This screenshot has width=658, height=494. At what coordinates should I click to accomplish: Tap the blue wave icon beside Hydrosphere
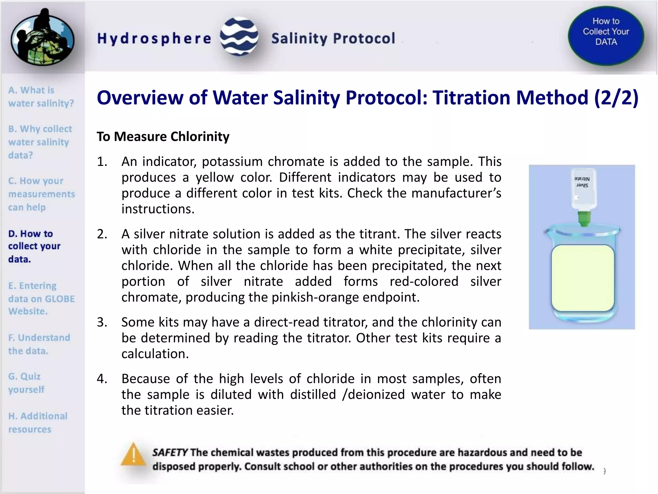[239, 36]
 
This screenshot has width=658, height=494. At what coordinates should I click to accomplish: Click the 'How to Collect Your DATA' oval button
[606, 35]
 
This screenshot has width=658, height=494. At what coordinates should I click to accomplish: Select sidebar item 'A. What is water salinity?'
[40, 96]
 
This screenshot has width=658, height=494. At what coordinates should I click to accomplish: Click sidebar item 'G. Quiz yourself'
[26, 383]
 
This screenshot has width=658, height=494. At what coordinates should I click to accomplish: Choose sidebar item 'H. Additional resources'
[38, 422]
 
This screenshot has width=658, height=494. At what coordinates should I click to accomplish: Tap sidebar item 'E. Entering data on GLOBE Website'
[41, 298]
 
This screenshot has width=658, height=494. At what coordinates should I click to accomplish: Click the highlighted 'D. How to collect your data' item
[34, 246]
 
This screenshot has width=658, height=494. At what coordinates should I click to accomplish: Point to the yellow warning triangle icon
[133, 455]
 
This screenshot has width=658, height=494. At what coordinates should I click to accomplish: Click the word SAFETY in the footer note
[169, 453]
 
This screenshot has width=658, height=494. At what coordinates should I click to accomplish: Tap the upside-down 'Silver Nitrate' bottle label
[582, 182]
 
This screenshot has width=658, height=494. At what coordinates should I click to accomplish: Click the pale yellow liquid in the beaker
[582, 278]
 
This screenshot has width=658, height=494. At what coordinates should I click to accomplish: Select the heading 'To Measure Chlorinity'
[163, 137]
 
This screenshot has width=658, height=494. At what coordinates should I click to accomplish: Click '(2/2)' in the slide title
[616, 97]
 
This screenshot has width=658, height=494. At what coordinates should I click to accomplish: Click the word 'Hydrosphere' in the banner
[154, 39]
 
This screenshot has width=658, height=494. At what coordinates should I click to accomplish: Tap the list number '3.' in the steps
[102, 322]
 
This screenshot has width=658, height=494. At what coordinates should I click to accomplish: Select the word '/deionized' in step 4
[373, 395]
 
